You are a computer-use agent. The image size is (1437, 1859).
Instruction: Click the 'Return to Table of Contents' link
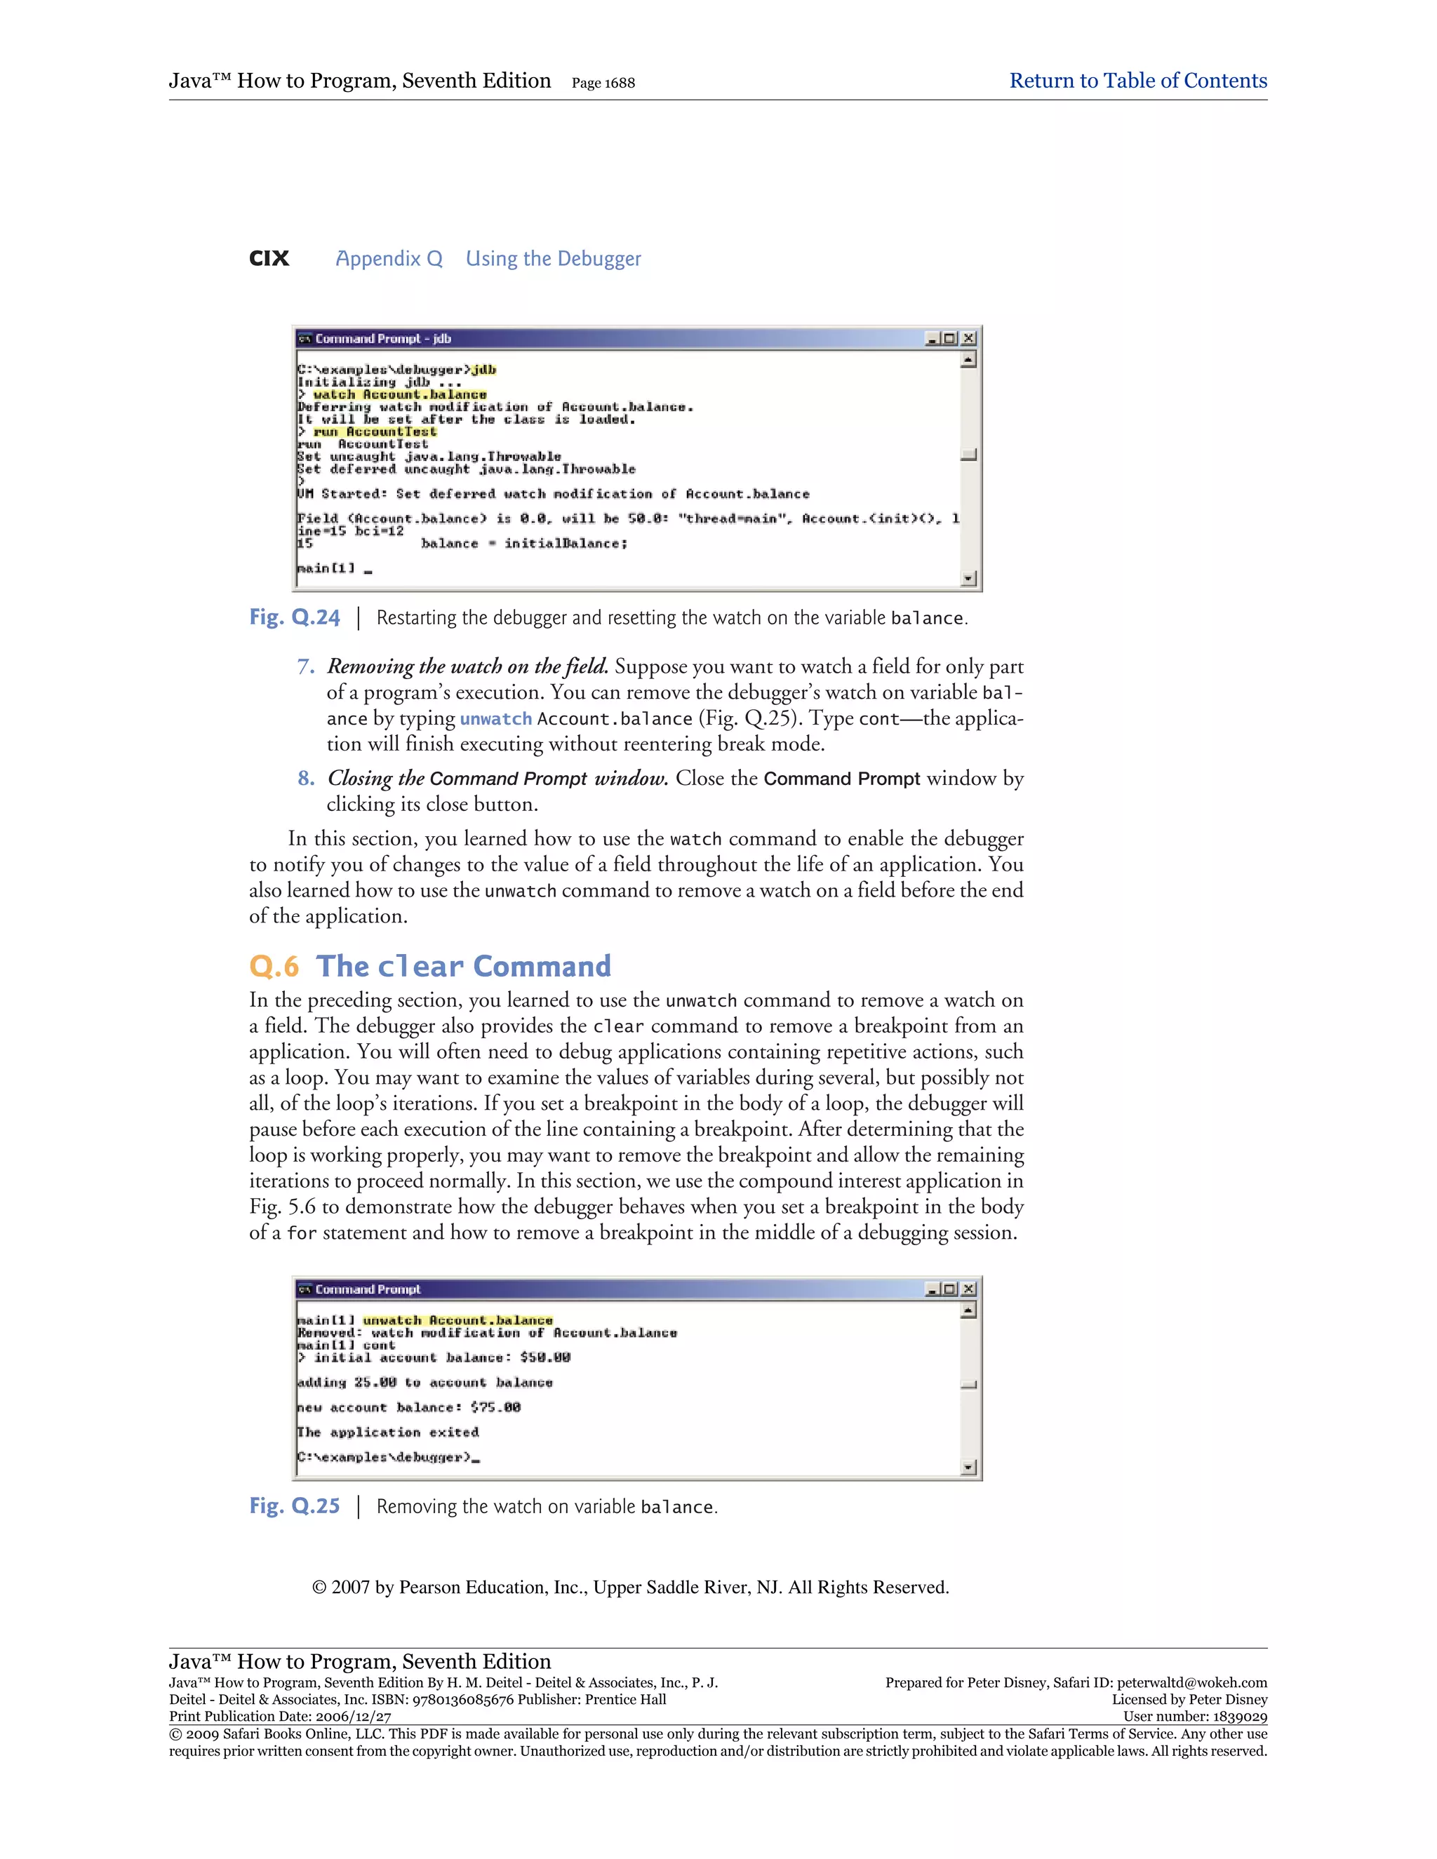click(x=1137, y=81)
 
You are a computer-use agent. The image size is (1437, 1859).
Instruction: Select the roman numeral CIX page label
click(x=269, y=259)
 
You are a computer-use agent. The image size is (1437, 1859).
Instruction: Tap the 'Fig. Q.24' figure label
click(x=295, y=617)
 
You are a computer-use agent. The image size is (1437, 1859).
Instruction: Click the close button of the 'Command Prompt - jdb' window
click(x=968, y=339)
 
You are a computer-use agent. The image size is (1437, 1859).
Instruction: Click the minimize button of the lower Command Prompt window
click(x=933, y=1289)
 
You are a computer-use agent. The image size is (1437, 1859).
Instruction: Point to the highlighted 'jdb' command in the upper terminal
click(x=483, y=370)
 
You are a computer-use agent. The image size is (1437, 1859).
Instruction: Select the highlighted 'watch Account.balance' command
click(x=399, y=394)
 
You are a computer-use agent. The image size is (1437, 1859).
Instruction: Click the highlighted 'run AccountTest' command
click(x=375, y=431)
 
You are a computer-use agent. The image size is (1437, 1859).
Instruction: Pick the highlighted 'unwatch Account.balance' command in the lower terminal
click(x=457, y=1320)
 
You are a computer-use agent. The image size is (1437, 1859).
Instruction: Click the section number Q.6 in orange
click(x=274, y=967)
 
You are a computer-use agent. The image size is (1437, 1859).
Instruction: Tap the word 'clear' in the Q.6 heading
click(x=420, y=967)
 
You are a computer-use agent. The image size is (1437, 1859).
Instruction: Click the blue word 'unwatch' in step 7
click(x=495, y=718)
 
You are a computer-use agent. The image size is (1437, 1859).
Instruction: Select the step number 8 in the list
click(x=306, y=778)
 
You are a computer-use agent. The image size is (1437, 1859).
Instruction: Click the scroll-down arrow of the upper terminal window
click(x=968, y=579)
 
